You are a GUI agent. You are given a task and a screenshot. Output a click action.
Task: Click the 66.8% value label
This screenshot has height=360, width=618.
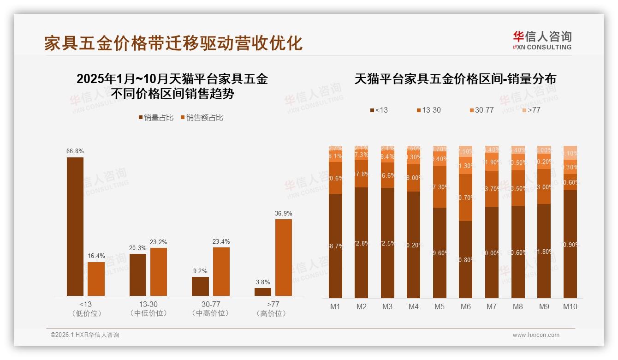[75, 151]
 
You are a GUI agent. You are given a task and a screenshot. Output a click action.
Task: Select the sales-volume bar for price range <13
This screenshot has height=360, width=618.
[75, 226]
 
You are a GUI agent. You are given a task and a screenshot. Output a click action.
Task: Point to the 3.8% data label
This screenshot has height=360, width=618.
[263, 282]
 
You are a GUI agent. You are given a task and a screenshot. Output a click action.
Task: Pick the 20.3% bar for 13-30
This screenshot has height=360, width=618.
[138, 275]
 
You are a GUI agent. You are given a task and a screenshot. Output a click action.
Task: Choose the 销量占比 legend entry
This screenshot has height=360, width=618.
[156, 118]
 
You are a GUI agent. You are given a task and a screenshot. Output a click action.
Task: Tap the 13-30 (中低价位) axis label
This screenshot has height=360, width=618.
[149, 309]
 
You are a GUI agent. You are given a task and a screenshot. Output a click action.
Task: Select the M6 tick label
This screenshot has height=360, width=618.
[466, 306]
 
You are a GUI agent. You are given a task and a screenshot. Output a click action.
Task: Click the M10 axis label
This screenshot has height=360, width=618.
[570, 306]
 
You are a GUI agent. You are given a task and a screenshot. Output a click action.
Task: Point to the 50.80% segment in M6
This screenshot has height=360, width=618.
[466, 259]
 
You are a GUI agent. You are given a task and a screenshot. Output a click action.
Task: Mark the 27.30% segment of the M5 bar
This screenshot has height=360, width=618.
[440, 186]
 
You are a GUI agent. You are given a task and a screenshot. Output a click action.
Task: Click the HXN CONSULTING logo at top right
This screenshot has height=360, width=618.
[542, 41]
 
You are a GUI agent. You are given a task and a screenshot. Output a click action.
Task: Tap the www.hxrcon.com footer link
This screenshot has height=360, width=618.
[536, 335]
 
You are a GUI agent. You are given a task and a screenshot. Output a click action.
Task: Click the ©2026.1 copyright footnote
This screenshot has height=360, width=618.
[85, 335]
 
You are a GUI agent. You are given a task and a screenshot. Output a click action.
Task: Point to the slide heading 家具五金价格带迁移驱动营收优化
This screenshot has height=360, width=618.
[173, 43]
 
